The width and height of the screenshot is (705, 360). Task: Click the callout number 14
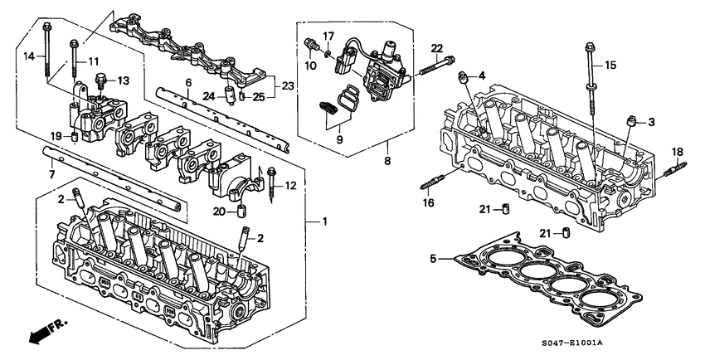tap(27, 56)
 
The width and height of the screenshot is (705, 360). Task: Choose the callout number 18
tap(678, 151)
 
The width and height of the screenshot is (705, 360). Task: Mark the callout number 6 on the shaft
tap(188, 82)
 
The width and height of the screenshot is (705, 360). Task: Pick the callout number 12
tap(290, 185)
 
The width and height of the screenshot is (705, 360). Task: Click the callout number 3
tap(651, 122)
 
